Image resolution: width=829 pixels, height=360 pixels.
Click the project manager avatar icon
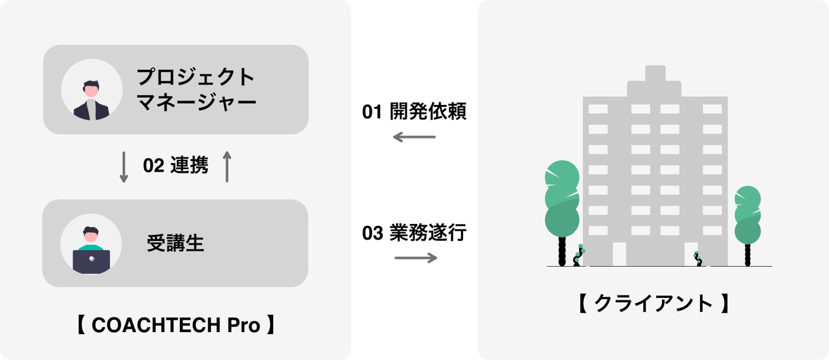coord(91,90)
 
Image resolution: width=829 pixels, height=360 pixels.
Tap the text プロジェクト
coord(196,77)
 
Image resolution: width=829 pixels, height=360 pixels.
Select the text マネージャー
coord(196,102)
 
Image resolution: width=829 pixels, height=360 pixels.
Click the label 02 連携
coord(176,166)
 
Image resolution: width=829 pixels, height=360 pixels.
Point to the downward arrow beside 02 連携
coord(124,167)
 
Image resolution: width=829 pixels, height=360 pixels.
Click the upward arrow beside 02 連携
coord(227,167)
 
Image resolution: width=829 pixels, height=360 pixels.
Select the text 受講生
coord(175,243)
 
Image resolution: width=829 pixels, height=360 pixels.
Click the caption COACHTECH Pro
coord(176,324)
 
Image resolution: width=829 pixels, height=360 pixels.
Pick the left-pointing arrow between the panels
coord(414,137)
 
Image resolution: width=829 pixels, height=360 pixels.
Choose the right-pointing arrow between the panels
coord(416,258)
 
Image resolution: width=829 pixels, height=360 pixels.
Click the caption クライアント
coord(653,302)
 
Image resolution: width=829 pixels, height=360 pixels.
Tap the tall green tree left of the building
coord(562,197)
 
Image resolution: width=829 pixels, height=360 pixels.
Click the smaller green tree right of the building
coord(747,214)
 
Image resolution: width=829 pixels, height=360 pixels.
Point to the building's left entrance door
coord(619,254)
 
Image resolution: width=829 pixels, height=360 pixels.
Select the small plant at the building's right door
coord(698,258)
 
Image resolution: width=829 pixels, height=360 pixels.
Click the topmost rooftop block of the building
coord(655,73)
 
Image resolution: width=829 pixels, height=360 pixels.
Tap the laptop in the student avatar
coord(91,260)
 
